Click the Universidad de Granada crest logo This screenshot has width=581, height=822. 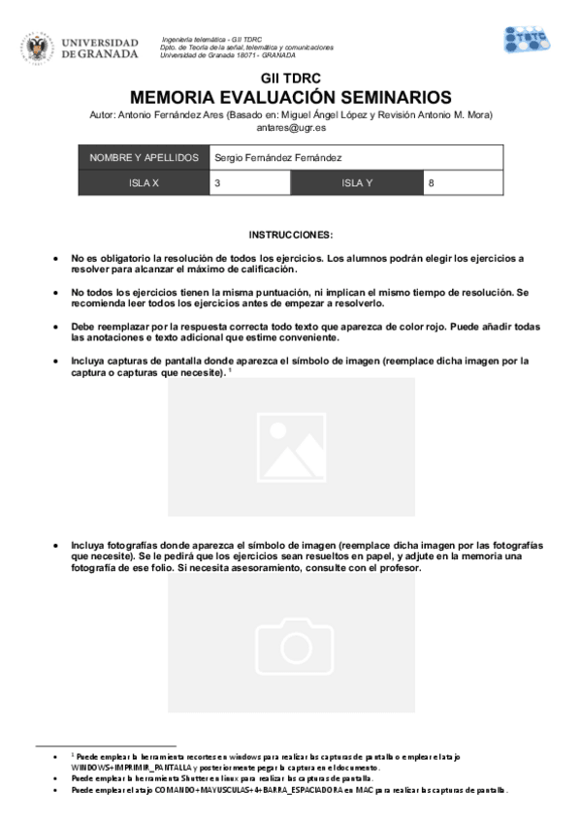click(x=40, y=47)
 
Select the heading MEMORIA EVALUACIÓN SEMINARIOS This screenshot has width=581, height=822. click(x=290, y=97)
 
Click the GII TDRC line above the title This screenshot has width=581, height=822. click(x=290, y=78)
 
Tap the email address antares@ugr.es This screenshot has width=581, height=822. click(x=290, y=127)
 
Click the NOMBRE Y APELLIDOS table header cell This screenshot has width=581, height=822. click(x=144, y=158)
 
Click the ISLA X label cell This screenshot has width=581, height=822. click(x=144, y=182)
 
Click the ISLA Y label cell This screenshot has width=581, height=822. click(x=356, y=182)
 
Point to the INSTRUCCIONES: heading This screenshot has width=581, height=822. click(x=290, y=235)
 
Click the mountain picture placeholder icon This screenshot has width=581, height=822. click(x=291, y=447)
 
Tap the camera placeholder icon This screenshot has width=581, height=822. click(x=291, y=641)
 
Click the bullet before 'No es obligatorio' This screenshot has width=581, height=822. click(x=55, y=260)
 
